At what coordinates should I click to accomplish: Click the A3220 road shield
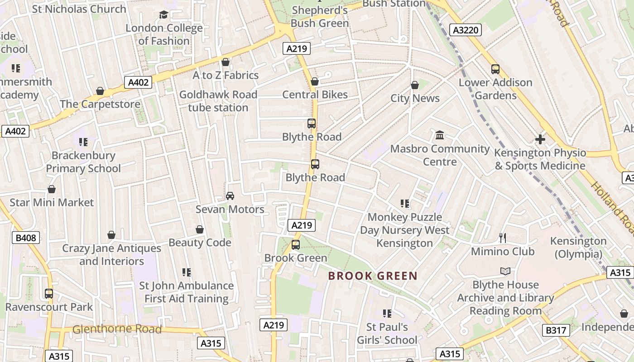click(x=466, y=30)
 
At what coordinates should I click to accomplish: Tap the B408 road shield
click(x=26, y=238)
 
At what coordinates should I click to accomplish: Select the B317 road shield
click(x=556, y=330)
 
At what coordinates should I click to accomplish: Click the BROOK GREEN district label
click(x=372, y=276)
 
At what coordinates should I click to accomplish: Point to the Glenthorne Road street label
click(x=117, y=329)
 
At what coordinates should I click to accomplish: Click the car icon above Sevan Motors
click(x=230, y=196)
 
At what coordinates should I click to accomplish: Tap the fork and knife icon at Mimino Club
click(x=502, y=238)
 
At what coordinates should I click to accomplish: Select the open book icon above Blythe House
click(x=505, y=271)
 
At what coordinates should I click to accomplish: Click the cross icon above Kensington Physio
click(x=540, y=139)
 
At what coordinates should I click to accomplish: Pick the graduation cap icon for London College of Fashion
click(x=163, y=15)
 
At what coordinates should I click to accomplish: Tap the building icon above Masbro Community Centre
click(x=440, y=135)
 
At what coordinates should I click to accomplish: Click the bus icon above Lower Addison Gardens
click(x=495, y=69)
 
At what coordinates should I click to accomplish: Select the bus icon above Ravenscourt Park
click(x=49, y=294)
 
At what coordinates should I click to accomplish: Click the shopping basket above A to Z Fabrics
click(x=226, y=62)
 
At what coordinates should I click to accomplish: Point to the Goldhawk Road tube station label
click(x=218, y=101)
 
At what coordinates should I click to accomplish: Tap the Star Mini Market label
click(x=52, y=202)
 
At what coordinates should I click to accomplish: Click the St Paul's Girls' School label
click(x=387, y=333)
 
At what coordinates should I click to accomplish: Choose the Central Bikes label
click(x=315, y=95)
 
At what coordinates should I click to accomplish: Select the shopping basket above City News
click(x=415, y=85)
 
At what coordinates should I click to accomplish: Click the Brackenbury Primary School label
click(x=83, y=162)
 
